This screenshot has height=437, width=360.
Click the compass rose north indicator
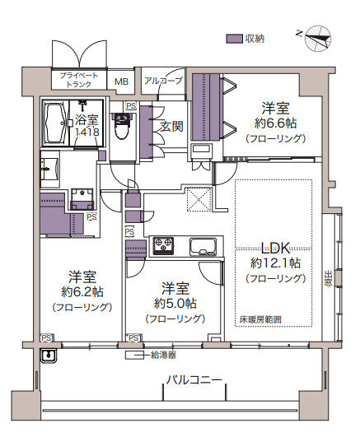coord(318,39)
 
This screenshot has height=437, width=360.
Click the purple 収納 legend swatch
coord(234,39)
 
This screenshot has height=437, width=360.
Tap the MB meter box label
coord(121,81)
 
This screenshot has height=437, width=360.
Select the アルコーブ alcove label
coord(163,81)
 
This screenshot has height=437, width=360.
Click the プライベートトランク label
coord(79,80)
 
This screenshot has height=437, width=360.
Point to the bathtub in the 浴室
coord(55,123)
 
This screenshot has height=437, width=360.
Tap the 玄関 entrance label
coord(171,127)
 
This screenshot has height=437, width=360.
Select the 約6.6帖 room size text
coord(275,123)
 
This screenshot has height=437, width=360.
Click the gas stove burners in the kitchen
coord(163,245)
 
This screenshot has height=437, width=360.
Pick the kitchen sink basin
coord(203,246)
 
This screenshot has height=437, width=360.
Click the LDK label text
coord(275,248)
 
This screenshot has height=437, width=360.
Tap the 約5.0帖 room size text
coord(175,303)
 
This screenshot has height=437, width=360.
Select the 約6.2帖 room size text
coord(82,292)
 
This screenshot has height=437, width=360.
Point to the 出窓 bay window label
coord(328,278)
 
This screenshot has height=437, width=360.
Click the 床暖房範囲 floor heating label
coord(260,319)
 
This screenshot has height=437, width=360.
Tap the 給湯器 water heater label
coord(163,355)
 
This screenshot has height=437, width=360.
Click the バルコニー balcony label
coord(194,379)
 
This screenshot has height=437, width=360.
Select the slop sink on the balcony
coord(49,356)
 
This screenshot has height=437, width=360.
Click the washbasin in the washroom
coord(49,170)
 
